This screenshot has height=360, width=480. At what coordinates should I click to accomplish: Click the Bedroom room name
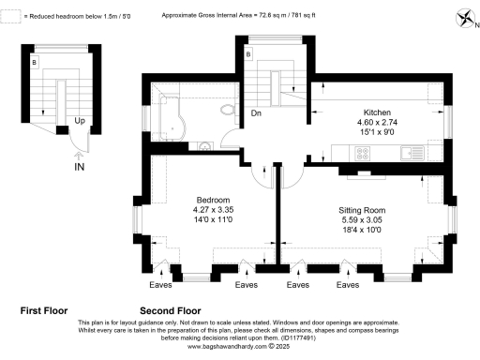(x=213, y=200)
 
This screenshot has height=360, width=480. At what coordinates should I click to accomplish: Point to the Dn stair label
(x=255, y=113)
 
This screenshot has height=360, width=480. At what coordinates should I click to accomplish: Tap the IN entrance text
(x=80, y=166)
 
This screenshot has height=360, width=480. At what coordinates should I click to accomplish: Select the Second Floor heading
(x=171, y=308)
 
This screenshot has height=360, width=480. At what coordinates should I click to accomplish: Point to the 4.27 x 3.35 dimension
(x=213, y=209)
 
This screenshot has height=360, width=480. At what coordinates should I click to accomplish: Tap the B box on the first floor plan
(x=34, y=62)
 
